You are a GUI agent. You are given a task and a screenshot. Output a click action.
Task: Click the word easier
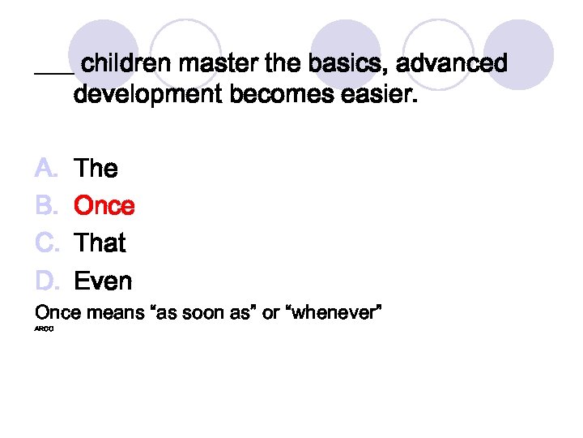[383, 96]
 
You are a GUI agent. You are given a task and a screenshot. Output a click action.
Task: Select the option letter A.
[45, 169]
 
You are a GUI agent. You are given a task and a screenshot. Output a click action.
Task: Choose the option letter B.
[45, 206]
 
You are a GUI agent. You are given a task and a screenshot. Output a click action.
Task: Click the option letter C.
[45, 243]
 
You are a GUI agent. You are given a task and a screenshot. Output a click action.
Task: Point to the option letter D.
[45, 281]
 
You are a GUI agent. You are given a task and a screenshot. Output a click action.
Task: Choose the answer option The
[96, 169]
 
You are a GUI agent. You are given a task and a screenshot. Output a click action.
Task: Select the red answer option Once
[104, 206]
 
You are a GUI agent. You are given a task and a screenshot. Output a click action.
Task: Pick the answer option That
[100, 243]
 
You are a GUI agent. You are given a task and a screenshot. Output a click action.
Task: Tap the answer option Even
[103, 281]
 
